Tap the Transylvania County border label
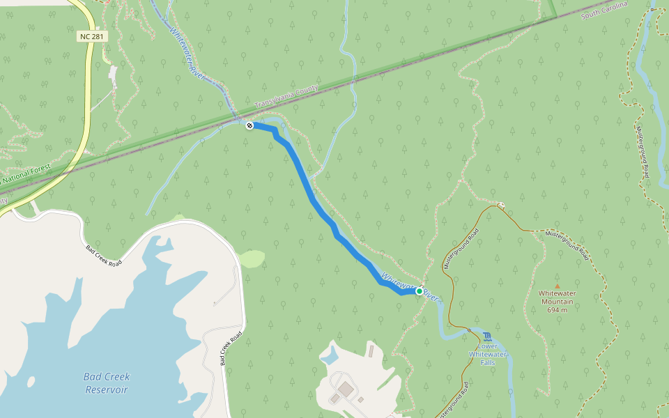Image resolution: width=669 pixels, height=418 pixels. point(286,97)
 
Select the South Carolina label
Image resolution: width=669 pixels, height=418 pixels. point(604,9)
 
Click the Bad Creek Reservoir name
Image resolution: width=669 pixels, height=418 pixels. point(107,382)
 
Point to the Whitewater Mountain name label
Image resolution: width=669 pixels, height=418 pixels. point(556,297)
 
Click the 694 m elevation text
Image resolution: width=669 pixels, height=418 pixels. point(557,310)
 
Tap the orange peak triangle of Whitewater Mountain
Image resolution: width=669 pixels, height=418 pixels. point(557,286)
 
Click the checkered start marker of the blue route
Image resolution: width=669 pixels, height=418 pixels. point(249,125)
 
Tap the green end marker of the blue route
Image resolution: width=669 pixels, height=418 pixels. point(420,291)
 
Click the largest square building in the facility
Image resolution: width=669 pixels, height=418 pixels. point(346,387)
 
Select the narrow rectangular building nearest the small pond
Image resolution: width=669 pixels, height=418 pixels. point(371,351)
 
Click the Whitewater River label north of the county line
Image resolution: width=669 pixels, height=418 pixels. point(187,52)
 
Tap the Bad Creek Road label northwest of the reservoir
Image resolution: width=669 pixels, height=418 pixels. point(103,256)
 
